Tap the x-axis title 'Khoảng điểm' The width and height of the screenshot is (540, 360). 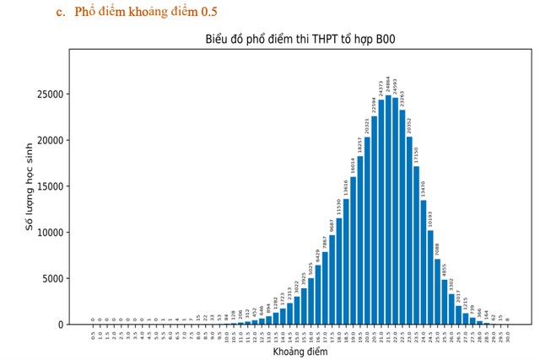click(x=300, y=351)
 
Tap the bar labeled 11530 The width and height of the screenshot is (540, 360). click(x=338, y=271)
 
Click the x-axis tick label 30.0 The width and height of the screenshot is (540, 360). click(x=508, y=335)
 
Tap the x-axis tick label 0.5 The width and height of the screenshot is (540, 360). click(x=93, y=335)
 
